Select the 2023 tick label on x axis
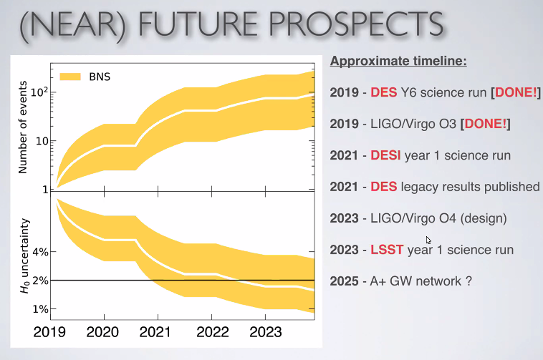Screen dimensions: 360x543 [x=265, y=332]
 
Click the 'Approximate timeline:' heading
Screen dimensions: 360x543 [x=398, y=62]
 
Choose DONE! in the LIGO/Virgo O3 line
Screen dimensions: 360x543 [x=486, y=124]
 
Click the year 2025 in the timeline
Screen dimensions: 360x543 [x=345, y=281]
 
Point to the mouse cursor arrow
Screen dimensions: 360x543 [x=428, y=240]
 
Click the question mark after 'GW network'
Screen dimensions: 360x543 [x=468, y=281]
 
